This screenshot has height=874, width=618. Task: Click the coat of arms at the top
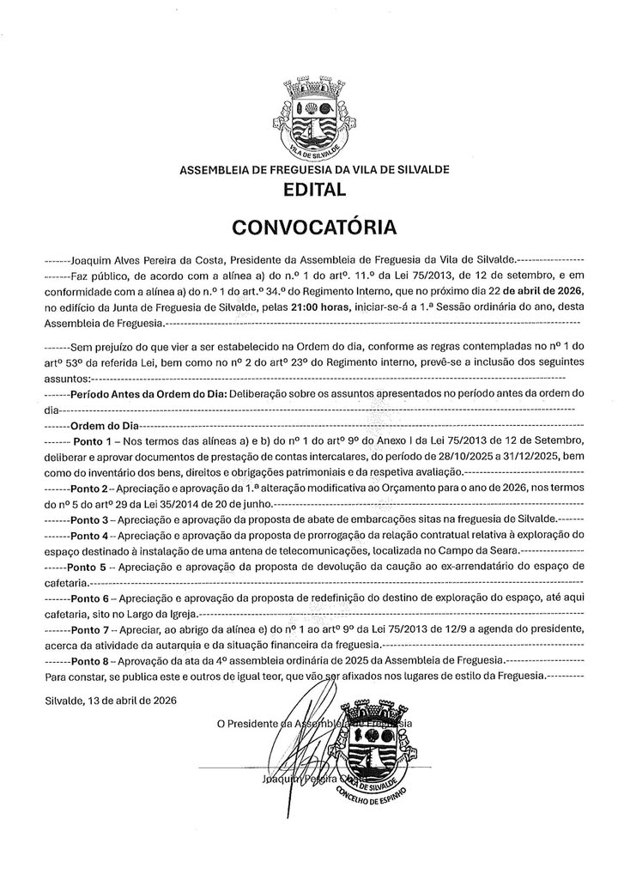pos(313,120)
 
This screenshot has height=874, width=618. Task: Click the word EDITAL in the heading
pos(313,191)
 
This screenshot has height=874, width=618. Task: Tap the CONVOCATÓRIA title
pos(313,228)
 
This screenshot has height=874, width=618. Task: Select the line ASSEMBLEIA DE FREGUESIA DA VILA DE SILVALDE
pos(313,169)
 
